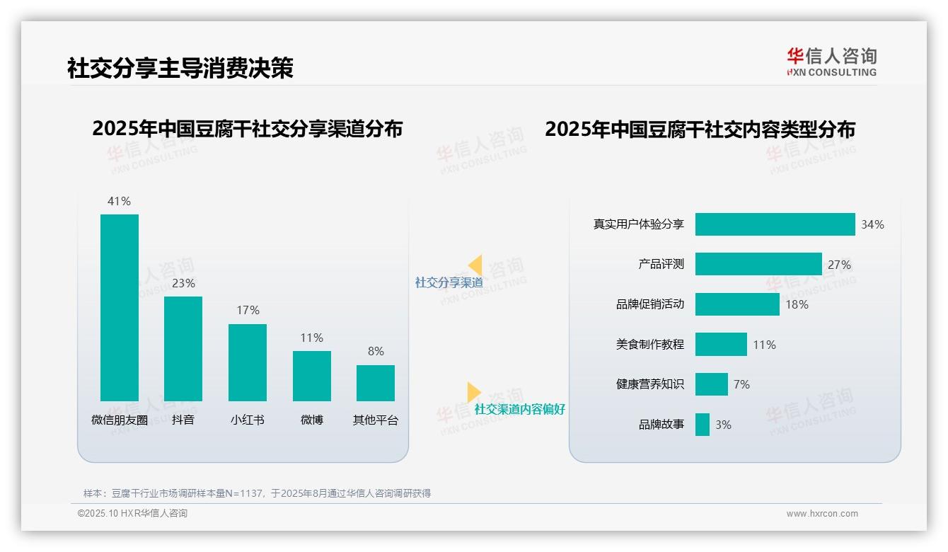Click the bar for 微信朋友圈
(120, 307)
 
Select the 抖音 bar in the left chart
(183, 348)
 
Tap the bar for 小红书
(248, 362)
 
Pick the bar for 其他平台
(376, 383)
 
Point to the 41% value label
(119, 201)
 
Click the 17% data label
(248, 310)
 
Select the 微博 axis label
(311, 420)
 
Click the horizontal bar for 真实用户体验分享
(775, 224)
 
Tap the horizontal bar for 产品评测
(758, 264)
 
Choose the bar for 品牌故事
(702, 425)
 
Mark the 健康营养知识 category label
(649, 384)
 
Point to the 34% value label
(872, 224)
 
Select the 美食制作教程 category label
(649, 345)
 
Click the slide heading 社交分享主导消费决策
(180, 68)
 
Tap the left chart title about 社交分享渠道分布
(247, 129)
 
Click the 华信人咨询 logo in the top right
(831, 62)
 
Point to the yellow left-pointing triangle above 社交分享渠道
(475, 265)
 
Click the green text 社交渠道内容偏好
(519, 409)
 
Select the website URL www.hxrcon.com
(821, 514)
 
